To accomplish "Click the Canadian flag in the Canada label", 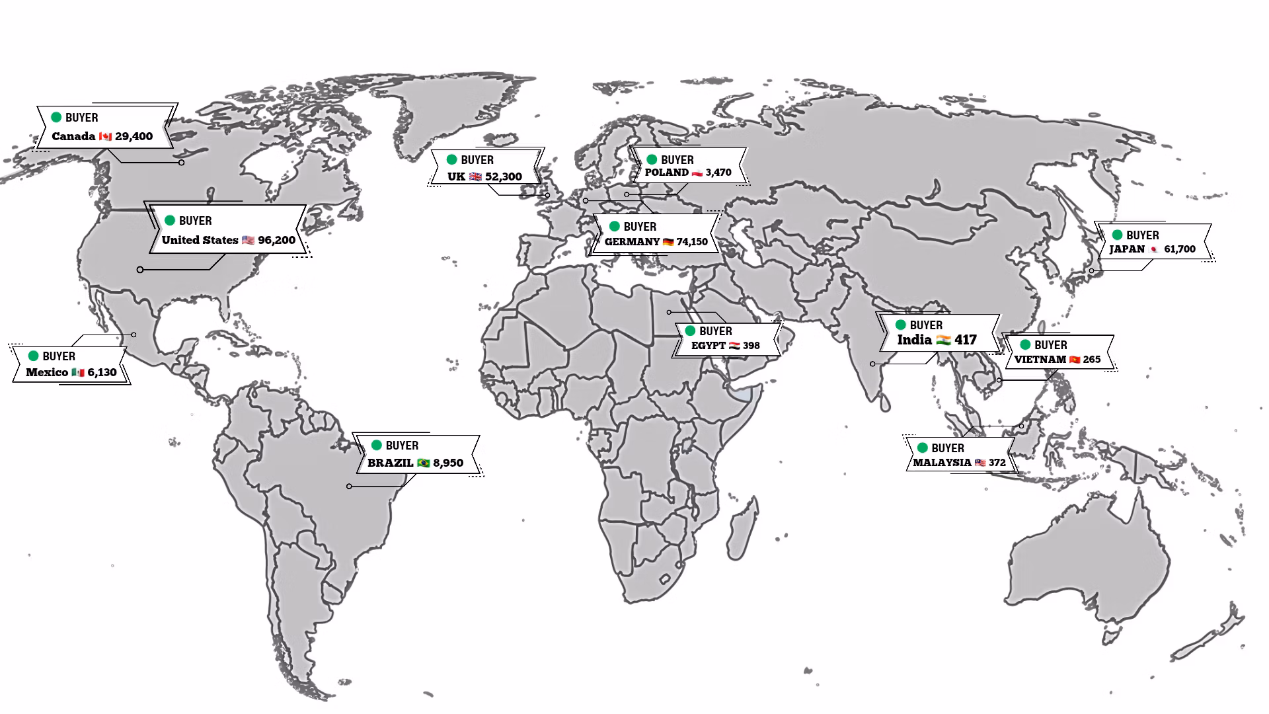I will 105,137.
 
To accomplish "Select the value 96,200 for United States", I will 276,240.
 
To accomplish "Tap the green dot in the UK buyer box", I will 452,159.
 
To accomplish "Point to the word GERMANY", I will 632,242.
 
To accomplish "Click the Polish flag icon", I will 697,173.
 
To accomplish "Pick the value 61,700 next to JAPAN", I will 1180,249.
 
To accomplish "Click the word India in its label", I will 914,340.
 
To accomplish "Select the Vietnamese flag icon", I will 1075,360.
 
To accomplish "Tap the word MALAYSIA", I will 942,463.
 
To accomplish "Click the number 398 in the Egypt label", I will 751,346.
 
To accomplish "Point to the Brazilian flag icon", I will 424,463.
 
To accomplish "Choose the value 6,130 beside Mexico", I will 102,372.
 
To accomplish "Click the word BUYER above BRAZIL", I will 402,446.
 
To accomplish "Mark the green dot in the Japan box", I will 1117,235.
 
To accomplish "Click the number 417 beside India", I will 965,340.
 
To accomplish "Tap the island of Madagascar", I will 742,529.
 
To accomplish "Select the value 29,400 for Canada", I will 134,136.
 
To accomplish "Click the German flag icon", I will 668,242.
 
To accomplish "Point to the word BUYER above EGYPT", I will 716,331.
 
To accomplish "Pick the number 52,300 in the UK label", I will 504,177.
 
